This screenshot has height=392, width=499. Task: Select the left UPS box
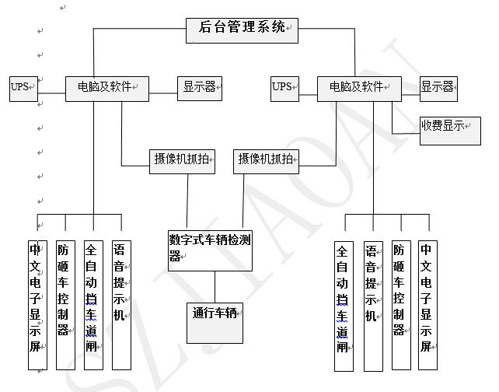(x=22, y=87)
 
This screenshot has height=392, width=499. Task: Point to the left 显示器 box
(x=200, y=87)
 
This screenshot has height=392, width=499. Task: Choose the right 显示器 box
(x=438, y=87)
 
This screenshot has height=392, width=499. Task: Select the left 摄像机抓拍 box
(x=183, y=159)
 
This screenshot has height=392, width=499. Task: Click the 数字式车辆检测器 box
(x=210, y=250)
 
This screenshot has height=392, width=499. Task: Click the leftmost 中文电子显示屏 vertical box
(x=37, y=304)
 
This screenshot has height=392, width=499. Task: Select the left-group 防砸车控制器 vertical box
(x=65, y=304)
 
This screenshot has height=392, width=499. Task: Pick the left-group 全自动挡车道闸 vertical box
(x=92, y=304)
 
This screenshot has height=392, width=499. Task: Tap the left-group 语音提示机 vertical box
(x=120, y=304)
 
